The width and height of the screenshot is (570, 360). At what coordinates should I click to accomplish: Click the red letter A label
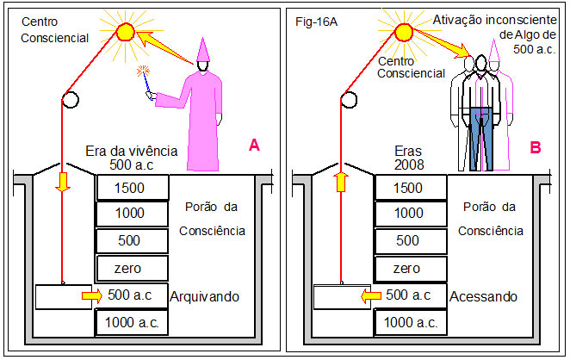[x=254, y=146]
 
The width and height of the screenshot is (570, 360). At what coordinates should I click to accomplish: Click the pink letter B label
[x=536, y=147]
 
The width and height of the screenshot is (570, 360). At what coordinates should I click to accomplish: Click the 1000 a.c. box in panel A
[x=132, y=323]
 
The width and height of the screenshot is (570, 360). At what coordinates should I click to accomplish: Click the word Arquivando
[x=205, y=296]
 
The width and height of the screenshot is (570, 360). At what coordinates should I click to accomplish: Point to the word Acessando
[x=484, y=296]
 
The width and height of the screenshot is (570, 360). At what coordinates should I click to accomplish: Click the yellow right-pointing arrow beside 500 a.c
[x=90, y=296]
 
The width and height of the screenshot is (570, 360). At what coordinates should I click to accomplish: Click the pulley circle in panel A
[x=70, y=100]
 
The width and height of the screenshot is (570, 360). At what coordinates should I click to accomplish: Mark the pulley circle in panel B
[x=349, y=100]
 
